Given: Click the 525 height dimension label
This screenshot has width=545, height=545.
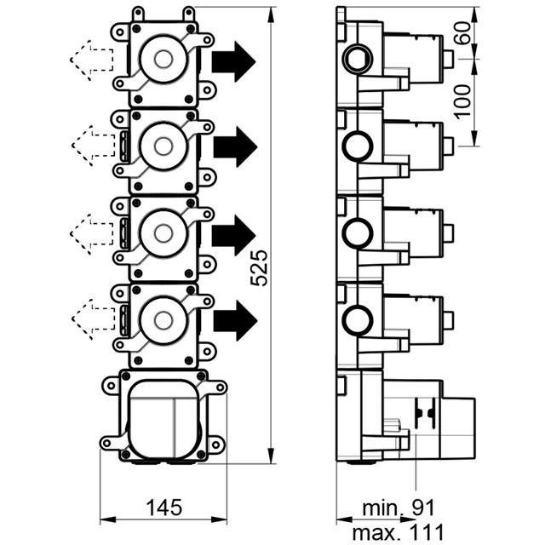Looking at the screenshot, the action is point(259,267).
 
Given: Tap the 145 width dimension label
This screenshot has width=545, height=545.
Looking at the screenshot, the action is point(164,508).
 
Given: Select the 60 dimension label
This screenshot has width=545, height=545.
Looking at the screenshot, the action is point(463,33).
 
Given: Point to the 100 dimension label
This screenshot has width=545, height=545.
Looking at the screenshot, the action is point(463,102).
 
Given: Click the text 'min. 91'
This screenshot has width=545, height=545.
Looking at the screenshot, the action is point(399,508).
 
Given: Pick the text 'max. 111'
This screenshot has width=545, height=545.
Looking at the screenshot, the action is point(399,531).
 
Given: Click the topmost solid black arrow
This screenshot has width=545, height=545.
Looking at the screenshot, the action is point(233,61).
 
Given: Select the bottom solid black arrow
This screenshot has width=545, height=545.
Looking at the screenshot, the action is point(235,320).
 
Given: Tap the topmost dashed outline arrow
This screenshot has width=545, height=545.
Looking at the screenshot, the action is point(92,60).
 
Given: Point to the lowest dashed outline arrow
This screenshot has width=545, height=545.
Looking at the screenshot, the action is point(93,319).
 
